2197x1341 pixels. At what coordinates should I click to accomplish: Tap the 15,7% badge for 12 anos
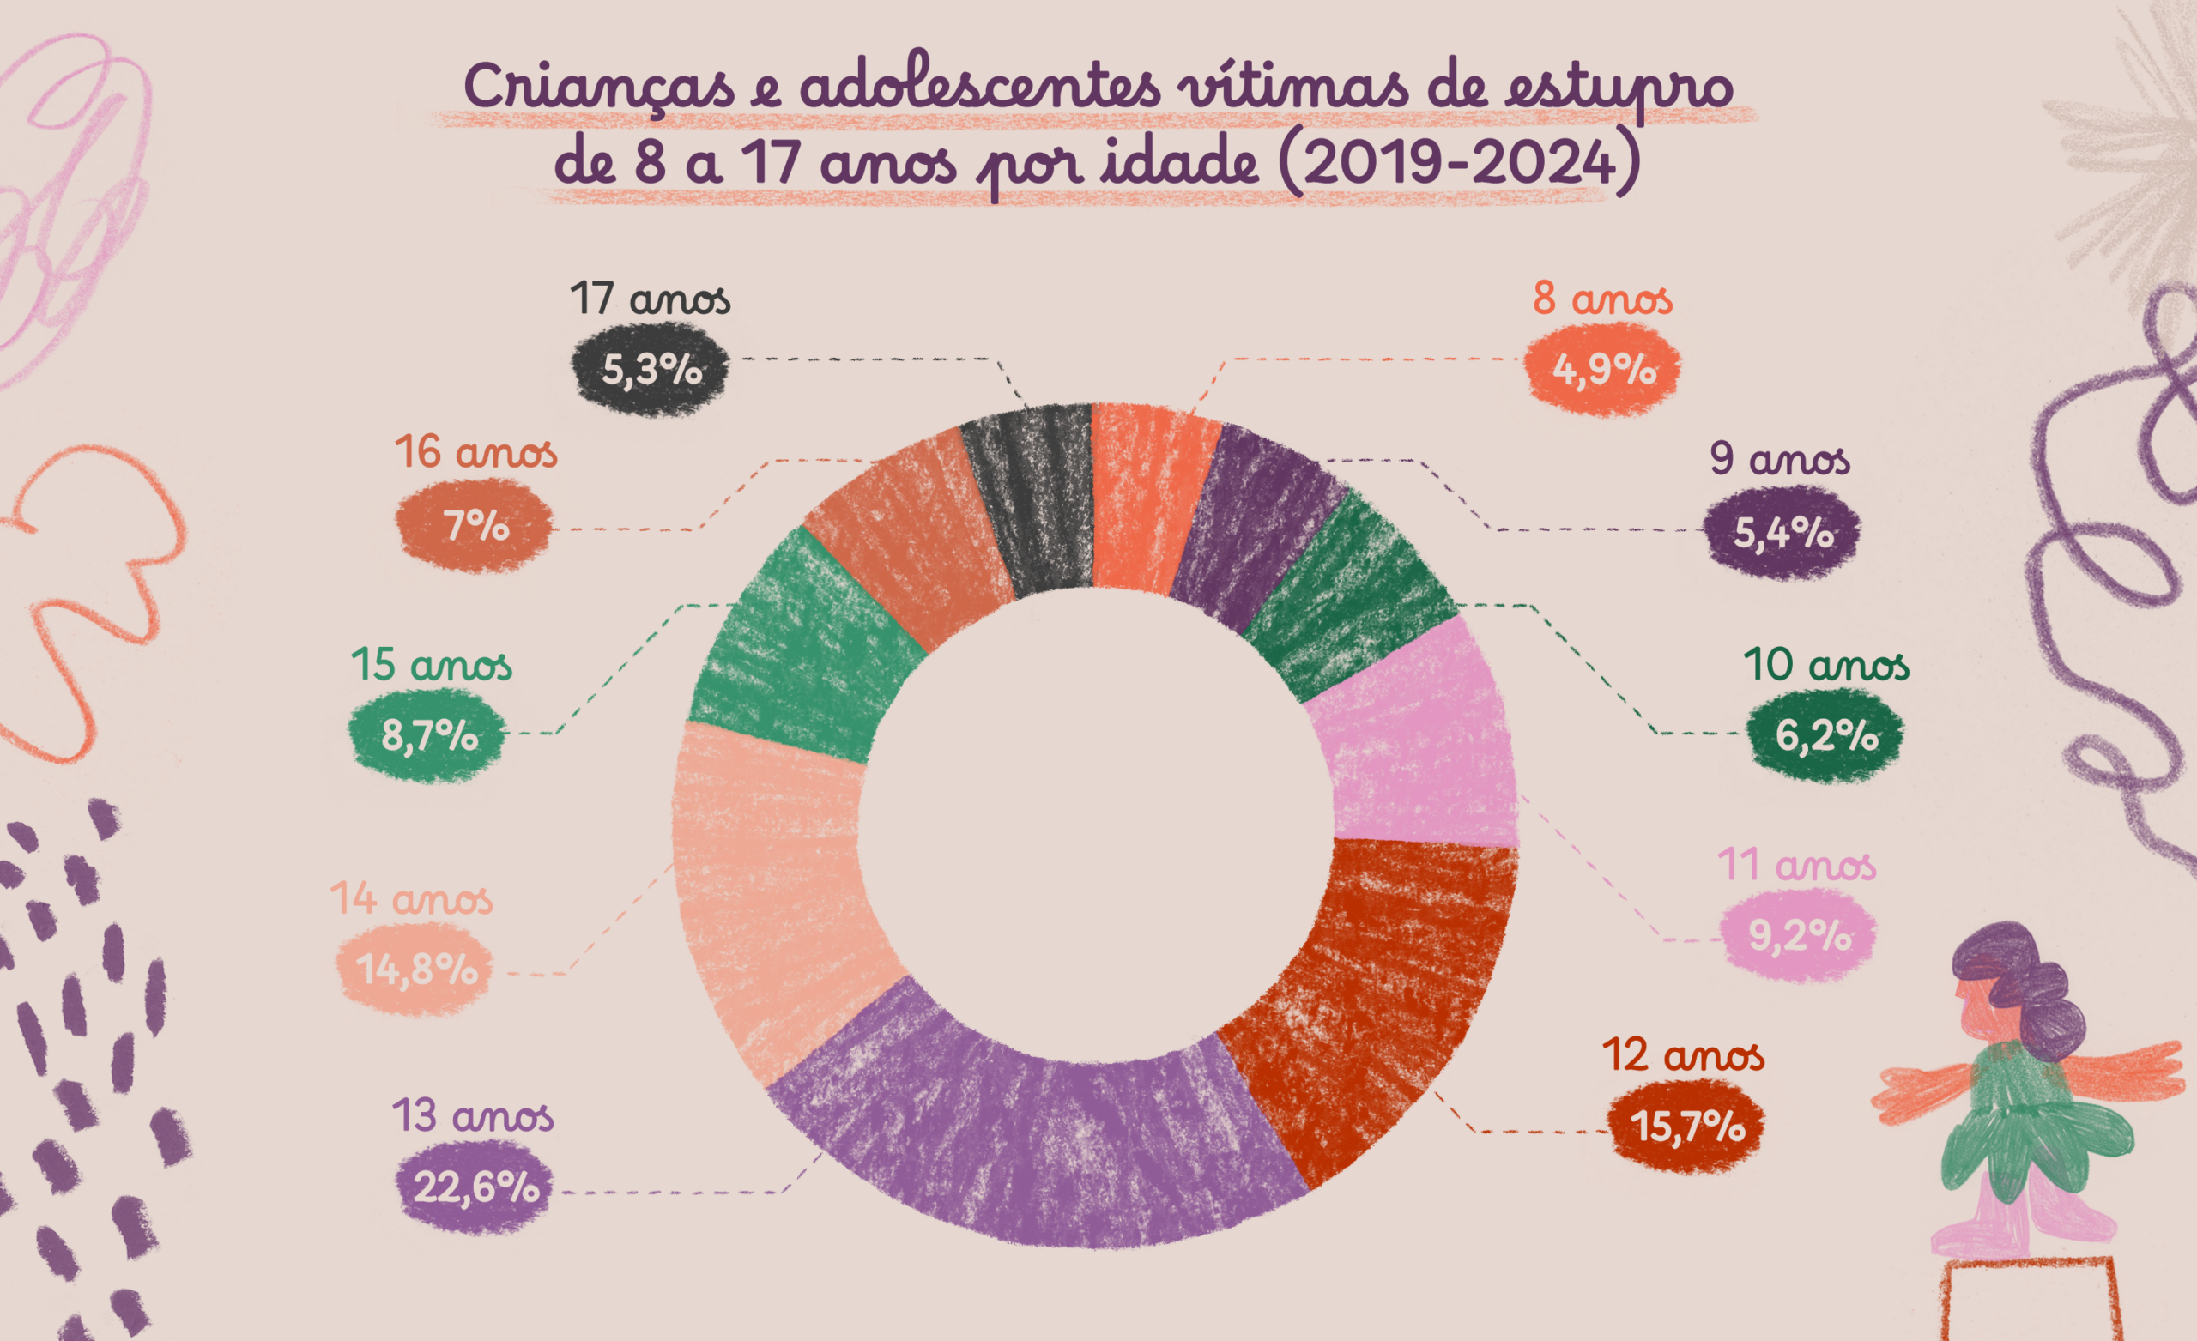[x=1686, y=1127]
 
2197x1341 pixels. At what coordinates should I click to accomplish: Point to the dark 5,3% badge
[x=650, y=369]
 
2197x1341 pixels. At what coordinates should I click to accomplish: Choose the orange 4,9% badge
[x=1602, y=369]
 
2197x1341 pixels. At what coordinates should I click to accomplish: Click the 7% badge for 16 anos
[x=475, y=526]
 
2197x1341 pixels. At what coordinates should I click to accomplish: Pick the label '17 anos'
[x=650, y=299]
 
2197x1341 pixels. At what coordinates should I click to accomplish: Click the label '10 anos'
[x=1826, y=665]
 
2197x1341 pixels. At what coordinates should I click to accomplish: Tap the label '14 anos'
[x=411, y=899]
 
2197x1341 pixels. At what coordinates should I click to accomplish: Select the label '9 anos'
[x=1780, y=459]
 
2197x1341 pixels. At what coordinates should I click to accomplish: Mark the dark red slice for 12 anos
[x=1373, y=990]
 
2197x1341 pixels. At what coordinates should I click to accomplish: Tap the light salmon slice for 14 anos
[x=776, y=891]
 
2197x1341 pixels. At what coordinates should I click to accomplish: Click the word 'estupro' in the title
[x=1619, y=89]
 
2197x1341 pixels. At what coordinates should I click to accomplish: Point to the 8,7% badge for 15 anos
[x=427, y=735]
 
